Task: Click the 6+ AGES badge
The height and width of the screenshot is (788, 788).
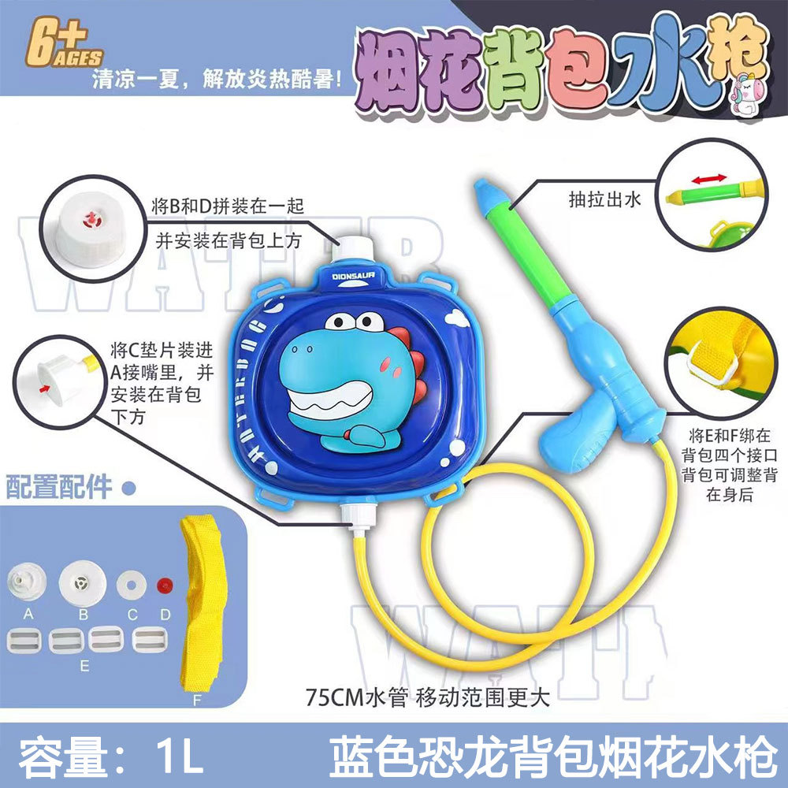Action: (x=64, y=43)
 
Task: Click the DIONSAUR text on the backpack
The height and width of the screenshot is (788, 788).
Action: (x=353, y=276)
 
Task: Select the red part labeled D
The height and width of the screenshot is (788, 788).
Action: (x=165, y=585)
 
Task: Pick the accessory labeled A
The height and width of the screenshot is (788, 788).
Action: (x=27, y=582)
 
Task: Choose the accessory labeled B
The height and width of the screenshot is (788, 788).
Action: (x=82, y=583)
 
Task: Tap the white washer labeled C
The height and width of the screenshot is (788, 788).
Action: (x=131, y=585)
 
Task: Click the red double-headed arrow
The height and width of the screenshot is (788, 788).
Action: (x=709, y=179)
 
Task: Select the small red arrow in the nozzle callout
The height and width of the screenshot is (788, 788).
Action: (x=45, y=388)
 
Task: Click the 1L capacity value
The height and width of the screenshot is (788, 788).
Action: (x=179, y=756)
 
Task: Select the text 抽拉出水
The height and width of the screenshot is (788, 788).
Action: (x=604, y=199)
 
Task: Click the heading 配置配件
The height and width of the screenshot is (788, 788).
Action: (x=59, y=486)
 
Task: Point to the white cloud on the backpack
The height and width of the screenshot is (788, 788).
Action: (x=457, y=317)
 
